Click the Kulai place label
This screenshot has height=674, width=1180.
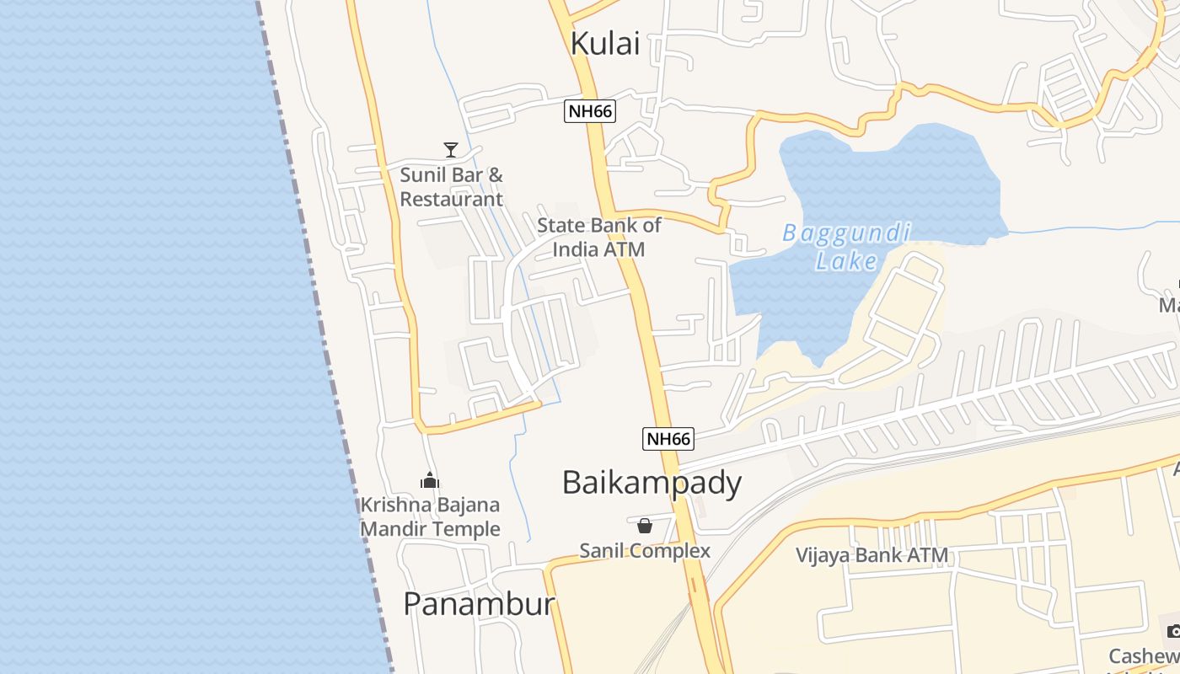[605, 44]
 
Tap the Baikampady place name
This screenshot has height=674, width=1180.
[652, 483]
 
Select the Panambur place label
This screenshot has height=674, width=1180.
[479, 604]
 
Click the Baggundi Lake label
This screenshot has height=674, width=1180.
[846, 246]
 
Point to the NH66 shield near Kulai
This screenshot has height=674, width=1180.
[590, 110]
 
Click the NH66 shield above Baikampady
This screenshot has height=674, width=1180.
[668, 438]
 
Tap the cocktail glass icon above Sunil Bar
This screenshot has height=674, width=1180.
[451, 150]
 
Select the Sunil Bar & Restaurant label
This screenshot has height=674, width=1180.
[451, 187]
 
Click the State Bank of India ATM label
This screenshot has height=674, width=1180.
[599, 237]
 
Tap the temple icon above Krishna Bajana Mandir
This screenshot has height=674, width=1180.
[430, 481]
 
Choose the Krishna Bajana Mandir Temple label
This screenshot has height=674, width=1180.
[430, 516]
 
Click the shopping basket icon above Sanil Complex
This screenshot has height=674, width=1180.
[645, 527]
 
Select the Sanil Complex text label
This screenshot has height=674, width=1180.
[645, 551]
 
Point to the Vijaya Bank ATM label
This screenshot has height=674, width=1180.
[872, 555]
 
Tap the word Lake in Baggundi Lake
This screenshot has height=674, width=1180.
[846, 260]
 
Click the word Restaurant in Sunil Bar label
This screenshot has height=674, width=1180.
[451, 200]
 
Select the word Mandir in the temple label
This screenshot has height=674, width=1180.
[394, 529]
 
